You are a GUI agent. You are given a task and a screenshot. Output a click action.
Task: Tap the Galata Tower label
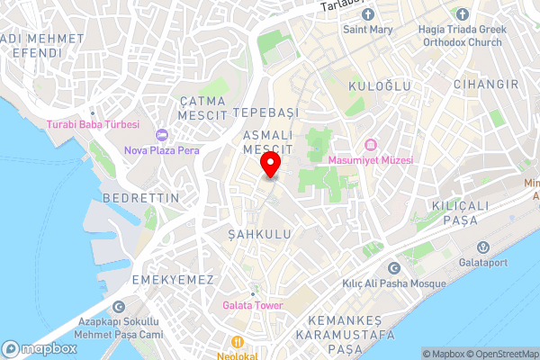(x=253, y=305)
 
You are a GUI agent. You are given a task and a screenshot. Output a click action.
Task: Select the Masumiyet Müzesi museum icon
(x=370, y=145)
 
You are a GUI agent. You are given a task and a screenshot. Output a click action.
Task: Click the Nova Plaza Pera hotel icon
(x=162, y=135)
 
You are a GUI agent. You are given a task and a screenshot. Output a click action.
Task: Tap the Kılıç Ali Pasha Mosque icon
(x=392, y=268)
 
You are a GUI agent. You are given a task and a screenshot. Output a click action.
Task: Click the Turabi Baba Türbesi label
(x=93, y=124)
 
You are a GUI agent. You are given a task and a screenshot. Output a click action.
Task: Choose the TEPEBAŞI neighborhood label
(x=264, y=113)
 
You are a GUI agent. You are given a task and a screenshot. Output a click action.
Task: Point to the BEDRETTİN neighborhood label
(x=141, y=196)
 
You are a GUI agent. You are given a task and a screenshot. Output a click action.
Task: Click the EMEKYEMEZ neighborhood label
(x=173, y=280)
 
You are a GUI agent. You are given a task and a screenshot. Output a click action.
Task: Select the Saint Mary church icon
(x=368, y=14)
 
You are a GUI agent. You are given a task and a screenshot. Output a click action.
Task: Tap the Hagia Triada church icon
(x=462, y=14)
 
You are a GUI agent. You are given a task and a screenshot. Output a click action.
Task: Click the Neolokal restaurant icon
(x=238, y=342)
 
